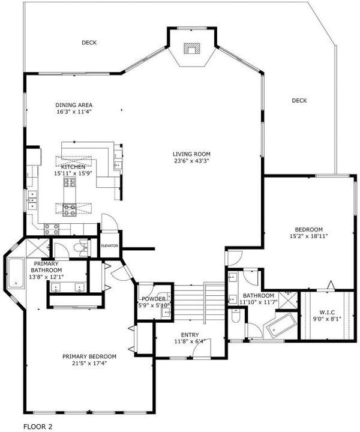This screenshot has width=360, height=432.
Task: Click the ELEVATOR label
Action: pyautogui.click(x=109, y=246)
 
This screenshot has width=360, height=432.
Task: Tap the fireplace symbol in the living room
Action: pyautogui.click(x=191, y=49)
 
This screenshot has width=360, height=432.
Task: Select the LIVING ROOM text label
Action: pyautogui.click(x=191, y=154)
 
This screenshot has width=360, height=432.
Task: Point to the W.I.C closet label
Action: pyautogui.click(x=327, y=313)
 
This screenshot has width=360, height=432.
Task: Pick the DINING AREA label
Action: pyautogui.click(x=74, y=105)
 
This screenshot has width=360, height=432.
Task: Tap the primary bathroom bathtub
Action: pyautogui.click(x=16, y=273)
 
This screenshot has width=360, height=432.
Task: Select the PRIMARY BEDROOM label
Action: pyautogui.click(x=89, y=356)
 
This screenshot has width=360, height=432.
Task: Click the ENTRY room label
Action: pyautogui.click(x=190, y=335)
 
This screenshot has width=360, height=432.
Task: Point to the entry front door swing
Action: pyautogui.click(x=202, y=347)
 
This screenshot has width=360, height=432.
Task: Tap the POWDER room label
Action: pyautogui.click(x=154, y=299)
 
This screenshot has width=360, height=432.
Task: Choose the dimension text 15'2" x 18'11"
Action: pyautogui.click(x=308, y=236)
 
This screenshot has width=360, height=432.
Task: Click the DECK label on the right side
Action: pyautogui.click(x=299, y=101)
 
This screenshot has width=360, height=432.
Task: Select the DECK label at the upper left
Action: pyautogui.click(x=89, y=43)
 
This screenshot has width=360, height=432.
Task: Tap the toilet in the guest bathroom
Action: pyautogui.click(x=236, y=316)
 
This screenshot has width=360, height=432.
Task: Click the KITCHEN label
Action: pyautogui.click(x=73, y=167)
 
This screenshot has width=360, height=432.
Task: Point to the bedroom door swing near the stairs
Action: pyautogui.click(x=233, y=259)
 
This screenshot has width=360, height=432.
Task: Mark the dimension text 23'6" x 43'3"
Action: pyautogui.click(x=191, y=161)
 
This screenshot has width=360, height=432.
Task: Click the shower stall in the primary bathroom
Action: pyautogui.click(x=37, y=248)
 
